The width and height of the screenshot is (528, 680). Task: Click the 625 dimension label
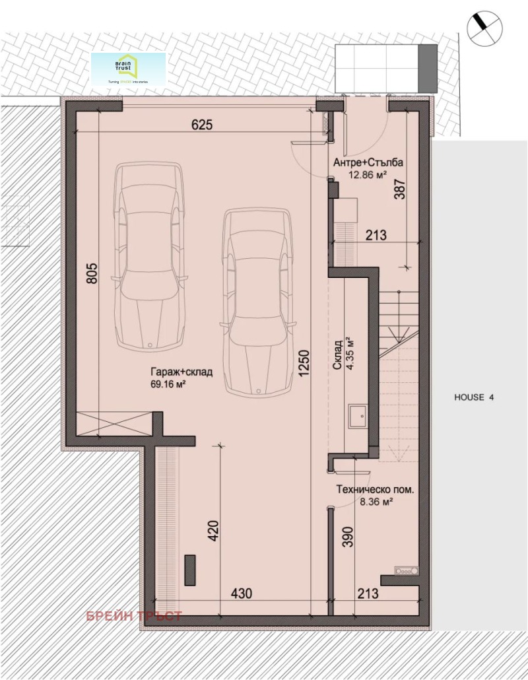[202, 125]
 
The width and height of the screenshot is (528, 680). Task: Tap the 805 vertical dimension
[91, 273]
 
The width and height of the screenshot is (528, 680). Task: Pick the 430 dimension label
[242, 594]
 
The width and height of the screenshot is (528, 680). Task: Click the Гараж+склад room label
[181, 372]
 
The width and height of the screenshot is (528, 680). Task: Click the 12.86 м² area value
[368, 175]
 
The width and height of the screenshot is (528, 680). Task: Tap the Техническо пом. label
[375, 490]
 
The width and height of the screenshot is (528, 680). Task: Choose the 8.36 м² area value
[376, 502]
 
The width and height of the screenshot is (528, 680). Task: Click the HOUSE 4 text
[474, 397]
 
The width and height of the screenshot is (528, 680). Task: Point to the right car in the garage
[257, 302]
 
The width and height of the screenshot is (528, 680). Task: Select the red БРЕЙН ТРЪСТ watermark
[134, 616]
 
